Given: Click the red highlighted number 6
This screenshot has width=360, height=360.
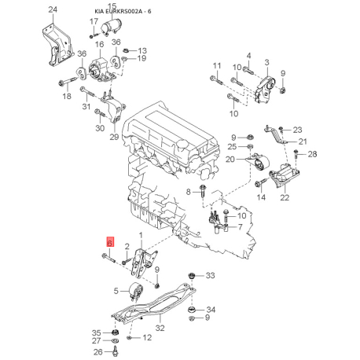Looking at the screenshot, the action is pyautogui.click(x=110, y=242).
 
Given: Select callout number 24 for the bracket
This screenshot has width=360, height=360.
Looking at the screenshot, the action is pyautogui.click(x=53, y=9).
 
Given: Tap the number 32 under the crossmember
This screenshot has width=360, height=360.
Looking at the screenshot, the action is pyautogui.click(x=160, y=328).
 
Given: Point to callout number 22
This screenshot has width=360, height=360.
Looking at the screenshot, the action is pyautogui.click(x=285, y=197).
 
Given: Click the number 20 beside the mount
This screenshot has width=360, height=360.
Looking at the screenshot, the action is pyautogui.click(x=230, y=159).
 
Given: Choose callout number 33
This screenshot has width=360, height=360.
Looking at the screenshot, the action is pyautogui.click(x=210, y=275).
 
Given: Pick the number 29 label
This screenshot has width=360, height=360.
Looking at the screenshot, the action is pyautogui.click(x=114, y=137).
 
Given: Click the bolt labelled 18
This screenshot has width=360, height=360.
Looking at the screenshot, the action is pyautogui.click(x=68, y=82).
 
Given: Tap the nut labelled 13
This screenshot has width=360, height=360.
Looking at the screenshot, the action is pyautogui.click(x=126, y=50).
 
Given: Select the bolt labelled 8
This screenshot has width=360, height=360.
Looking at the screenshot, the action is pyautogui.click(x=204, y=192).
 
